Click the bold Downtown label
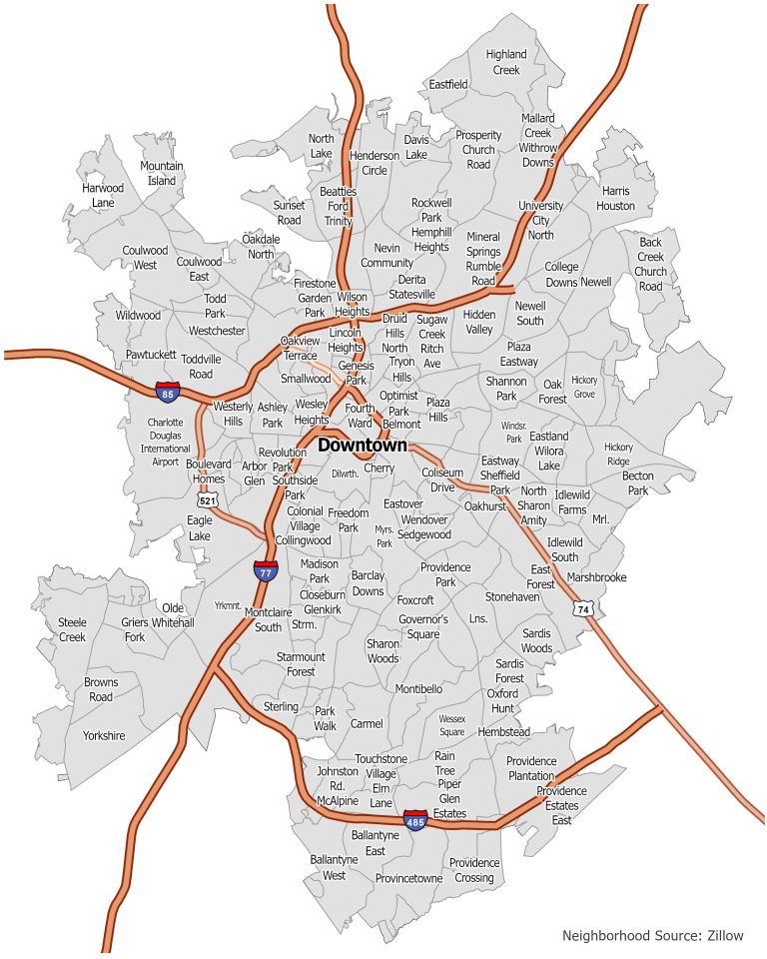363,446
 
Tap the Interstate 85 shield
168,392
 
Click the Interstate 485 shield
416,820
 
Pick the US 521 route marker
208,499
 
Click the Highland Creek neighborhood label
506,62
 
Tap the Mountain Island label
162,173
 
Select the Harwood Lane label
103,195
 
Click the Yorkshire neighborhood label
104,735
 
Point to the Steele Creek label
73,629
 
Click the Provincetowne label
408,878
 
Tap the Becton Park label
637,483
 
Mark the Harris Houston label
616,198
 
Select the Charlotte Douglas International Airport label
166,442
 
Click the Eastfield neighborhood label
448,85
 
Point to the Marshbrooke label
596,577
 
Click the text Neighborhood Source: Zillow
653,936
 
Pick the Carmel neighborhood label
367,723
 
